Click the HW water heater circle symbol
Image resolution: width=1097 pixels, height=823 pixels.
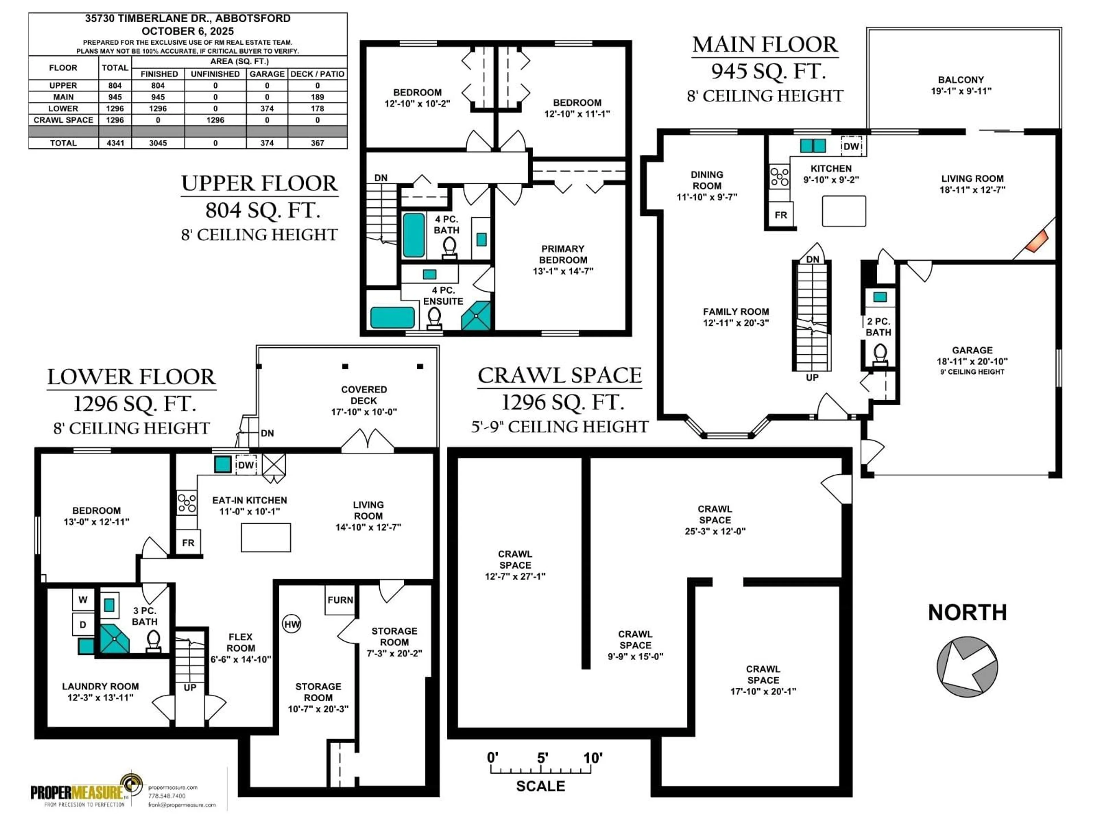click(x=292, y=624)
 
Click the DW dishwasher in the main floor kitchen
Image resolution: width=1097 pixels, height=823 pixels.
click(x=851, y=146)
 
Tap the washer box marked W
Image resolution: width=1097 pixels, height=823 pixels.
click(x=83, y=599)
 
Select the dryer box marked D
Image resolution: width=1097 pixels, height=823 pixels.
click(x=83, y=625)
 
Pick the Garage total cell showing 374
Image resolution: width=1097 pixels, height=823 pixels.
click(x=267, y=143)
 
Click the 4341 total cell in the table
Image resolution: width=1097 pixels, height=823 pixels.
click(x=115, y=143)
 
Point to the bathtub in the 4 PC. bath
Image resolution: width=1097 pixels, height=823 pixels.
click(x=414, y=235)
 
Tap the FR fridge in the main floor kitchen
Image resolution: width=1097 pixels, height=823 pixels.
click(x=780, y=215)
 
